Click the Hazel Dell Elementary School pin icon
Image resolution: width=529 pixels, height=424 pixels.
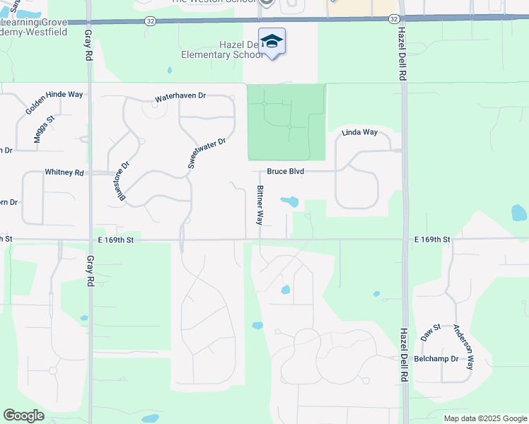[x=272, y=42]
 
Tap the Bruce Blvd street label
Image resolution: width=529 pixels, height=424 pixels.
[x=285, y=172]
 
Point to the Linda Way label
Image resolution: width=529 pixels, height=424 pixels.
[x=360, y=132]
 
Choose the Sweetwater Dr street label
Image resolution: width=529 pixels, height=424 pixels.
[x=207, y=152]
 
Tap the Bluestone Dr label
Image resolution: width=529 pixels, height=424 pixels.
[x=124, y=182]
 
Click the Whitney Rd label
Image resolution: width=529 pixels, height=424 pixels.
[x=64, y=172]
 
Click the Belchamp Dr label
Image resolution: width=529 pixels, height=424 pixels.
[x=436, y=359]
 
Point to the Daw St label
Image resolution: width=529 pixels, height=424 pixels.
[x=431, y=332]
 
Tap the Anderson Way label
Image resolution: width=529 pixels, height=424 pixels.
[x=463, y=343]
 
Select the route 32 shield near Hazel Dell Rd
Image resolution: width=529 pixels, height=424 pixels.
[x=395, y=19]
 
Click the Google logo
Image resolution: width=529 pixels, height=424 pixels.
[x=23, y=416]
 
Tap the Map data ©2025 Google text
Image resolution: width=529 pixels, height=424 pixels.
[x=484, y=418]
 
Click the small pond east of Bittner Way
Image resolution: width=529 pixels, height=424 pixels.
[x=289, y=202]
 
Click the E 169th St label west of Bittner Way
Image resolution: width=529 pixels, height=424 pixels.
[x=116, y=240]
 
